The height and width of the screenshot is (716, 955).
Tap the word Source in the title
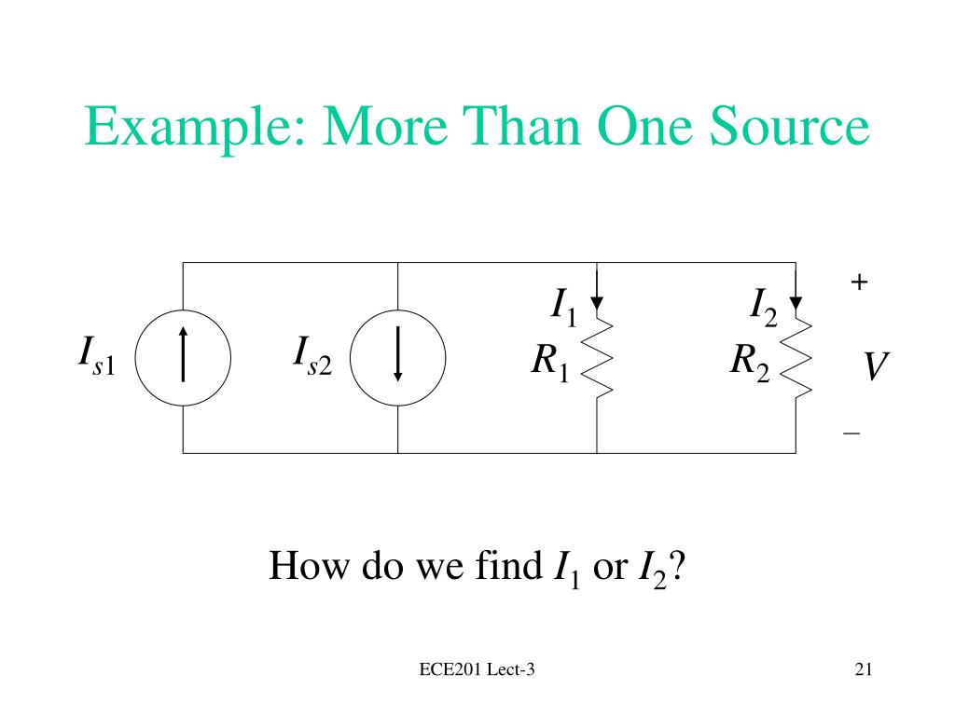pyautogui.click(x=789, y=126)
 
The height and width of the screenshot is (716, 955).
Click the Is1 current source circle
pyautogui.click(x=135, y=358)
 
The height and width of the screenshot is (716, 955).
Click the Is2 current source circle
pyautogui.click(x=351, y=358)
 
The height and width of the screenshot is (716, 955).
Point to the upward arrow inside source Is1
pyautogui.click(x=183, y=354)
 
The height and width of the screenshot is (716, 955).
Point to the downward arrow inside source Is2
pyautogui.click(x=397, y=354)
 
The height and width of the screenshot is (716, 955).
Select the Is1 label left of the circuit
pyautogui.click(x=97, y=357)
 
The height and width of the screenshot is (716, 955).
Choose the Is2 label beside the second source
pyautogui.click(x=312, y=357)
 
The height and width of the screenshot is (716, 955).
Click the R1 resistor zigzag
pyautogui.click(x=597, y=358)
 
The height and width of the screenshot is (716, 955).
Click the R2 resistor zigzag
pyautogui.click(x=796, y=358)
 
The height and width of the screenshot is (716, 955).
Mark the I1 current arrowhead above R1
pyautogui.click(x=597, y=303)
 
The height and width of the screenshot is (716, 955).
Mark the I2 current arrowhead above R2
pyautogui.click(x=796, y=303)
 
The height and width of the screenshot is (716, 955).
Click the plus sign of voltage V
pyautogui.click(x=859, y=282)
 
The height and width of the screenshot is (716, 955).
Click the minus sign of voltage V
pyautogui.click(x=851, y=434)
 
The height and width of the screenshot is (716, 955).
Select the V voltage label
pyautogui.click(x=876, y=365)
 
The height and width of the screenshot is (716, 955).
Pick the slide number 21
pyautogui.click(x=864, y=669)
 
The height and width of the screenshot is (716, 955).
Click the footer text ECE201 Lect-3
pyautogui.click(x=477, y=669)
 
